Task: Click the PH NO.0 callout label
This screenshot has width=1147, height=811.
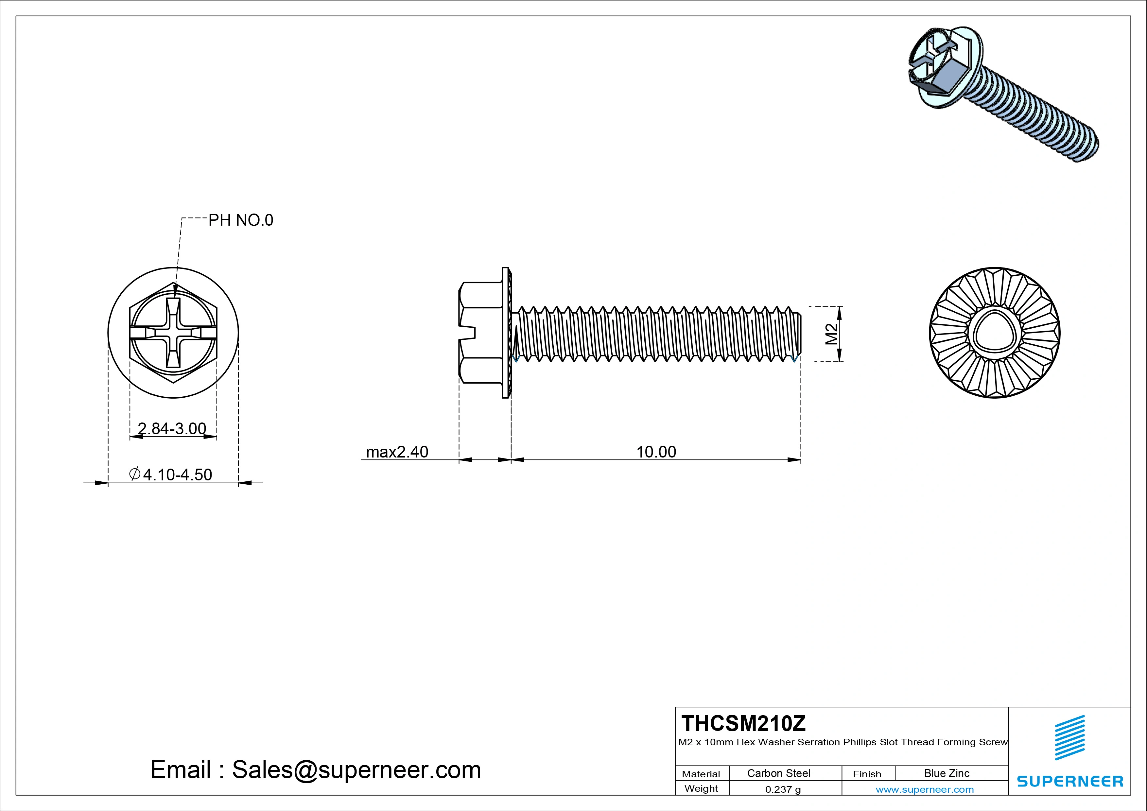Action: coord(240,220)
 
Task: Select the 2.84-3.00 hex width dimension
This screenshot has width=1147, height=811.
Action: coord(172,428)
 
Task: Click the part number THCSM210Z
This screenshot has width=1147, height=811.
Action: coord(743,723)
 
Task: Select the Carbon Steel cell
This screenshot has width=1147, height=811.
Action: coord(778,773)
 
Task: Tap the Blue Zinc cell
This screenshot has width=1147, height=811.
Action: coord(947,773)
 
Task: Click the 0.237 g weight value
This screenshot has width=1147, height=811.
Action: coord(783,789)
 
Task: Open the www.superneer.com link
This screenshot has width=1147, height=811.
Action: coord(925,789)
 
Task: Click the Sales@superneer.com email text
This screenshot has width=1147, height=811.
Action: coord(356,769)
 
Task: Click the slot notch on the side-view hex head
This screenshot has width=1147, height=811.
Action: coord(469,333)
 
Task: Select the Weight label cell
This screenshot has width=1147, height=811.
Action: coord(701,788)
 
